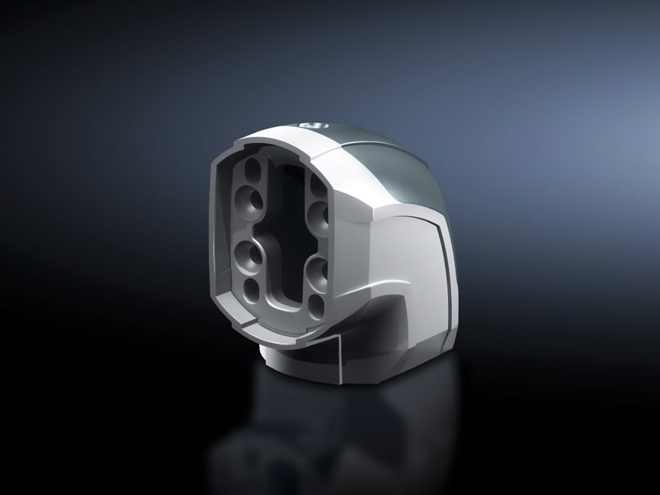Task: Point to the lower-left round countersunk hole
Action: click(x=246, y=256)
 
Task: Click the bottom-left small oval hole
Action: click(x=251, y=287)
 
